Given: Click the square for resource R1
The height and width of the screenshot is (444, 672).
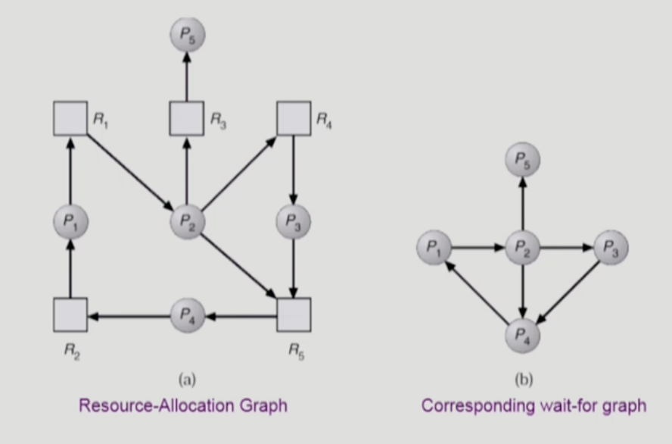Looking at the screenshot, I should point(70,119).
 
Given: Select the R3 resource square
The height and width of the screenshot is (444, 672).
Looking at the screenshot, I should point(185,119).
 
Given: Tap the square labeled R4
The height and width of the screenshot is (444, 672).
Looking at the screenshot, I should point(294,119).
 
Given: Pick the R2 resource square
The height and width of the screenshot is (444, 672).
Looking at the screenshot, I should point(70,314).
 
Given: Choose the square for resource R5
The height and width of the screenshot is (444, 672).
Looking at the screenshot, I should point(294,314).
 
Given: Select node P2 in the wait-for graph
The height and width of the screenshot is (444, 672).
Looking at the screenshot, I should point(521,247).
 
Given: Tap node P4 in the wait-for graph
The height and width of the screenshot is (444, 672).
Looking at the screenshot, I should point(521,334).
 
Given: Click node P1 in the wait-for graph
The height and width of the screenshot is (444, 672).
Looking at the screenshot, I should point(434,247).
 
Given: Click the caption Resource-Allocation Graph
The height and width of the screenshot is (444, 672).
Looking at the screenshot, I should point(184,405).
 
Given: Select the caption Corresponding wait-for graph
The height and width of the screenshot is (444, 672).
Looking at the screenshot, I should point(534,405).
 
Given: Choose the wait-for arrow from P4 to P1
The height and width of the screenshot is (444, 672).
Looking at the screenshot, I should point(477,292).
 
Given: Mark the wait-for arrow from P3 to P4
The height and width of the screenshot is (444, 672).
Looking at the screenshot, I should point(569,292).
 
